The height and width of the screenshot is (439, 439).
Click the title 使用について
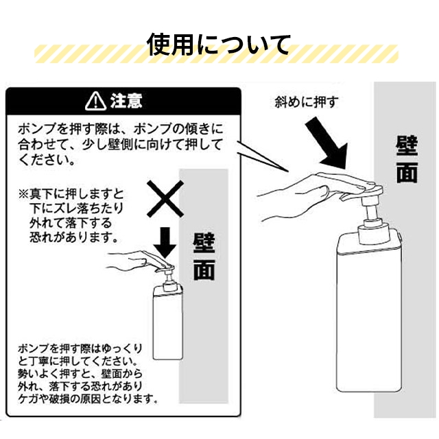[x=218, y=45]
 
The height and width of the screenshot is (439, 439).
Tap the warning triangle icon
[x=95, y=101]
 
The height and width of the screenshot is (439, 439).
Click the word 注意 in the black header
[x=126, y=101]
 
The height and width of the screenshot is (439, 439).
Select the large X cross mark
[x=165, y=199]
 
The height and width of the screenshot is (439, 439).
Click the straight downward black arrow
[x=165, y=242]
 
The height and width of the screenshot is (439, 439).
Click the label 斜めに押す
[x=306, y=102]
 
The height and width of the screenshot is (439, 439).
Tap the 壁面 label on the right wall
[x=407, y=160]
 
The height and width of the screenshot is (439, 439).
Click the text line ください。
[x=47, y=160]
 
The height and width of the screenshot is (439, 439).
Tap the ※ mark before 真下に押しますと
[x=24, y=193]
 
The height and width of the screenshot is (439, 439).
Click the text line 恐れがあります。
[x=73, y=237]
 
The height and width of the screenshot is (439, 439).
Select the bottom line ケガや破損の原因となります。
[x=87, y=399]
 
